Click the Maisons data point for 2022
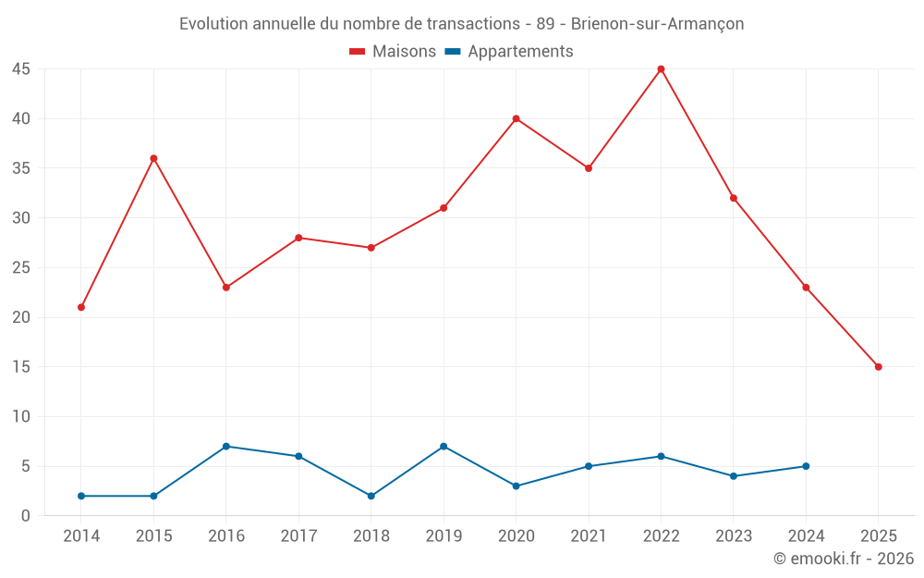point(661,69)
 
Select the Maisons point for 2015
point(153,158)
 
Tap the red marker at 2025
point(878,367)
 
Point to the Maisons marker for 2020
point(516,118)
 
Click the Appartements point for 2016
point(226,447)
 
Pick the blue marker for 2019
point(444,447)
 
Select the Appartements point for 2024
point(806,466)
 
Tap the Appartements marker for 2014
point(81,496)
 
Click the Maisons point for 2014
point(81,307)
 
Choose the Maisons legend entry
point(393,52)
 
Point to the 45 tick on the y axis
point(21,69)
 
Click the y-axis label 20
point(21,317)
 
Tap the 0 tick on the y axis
point(26,516)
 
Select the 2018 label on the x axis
point(371,536)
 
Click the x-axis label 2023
point(734,536)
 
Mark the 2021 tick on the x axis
point(589,536)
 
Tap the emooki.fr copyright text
point(844,559)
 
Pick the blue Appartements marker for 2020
point(516,486)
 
